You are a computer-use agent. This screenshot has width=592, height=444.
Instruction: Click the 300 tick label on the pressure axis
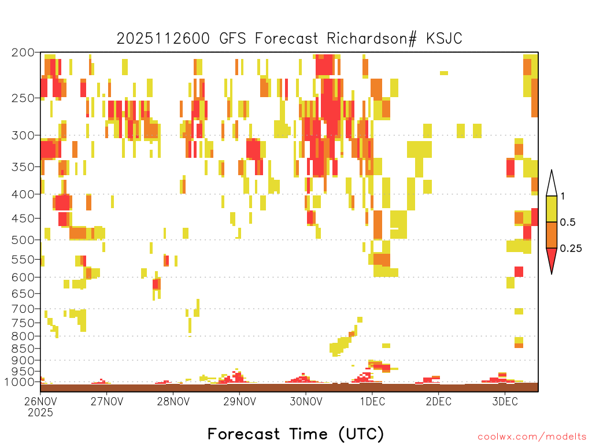pyautogui.click(x=23, y=135)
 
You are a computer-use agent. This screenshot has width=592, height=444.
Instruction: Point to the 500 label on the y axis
pyautogui.click(x=23, y=240)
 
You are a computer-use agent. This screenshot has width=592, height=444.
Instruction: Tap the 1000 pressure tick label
pyautogui.click(x=19, y=382)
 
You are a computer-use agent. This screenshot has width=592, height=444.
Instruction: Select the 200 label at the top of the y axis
pyautogui.click(x=23, y=53)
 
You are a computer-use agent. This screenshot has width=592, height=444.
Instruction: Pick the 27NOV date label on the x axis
pyautogui.click(x=107, y=401)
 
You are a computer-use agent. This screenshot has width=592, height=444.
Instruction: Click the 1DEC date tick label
pyautogui.click(x=372, y=401)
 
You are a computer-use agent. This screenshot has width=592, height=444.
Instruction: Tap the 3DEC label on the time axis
pyautogui.click(x=505, y=401)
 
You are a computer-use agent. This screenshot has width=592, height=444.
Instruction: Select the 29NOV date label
pyautogui.click(x=240, y=401)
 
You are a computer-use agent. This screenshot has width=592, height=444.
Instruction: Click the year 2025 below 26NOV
pyautogui.click(x=40, y=412)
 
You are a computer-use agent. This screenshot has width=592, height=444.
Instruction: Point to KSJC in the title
pyautogui.click(x=444, y=39)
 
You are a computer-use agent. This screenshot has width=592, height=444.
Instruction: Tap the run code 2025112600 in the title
pyautogui.click(x=163, y=39)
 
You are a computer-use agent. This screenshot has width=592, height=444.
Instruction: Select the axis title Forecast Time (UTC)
pyautogui.click(x=295, y=434)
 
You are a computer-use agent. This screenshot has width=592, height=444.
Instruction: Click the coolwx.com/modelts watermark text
pyautogui.click(x=532, y=436)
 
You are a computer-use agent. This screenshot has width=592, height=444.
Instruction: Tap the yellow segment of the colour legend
pyautogui.click(x=552, y=209)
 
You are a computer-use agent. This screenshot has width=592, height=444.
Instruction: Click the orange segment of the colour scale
pyautogui.click(x=552, y=235)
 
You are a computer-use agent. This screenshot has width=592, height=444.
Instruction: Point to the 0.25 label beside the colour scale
pyautogui.click(x=571, y=249)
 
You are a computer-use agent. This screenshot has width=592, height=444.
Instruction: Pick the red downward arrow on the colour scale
pyautogui.click(x=552, y=258)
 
